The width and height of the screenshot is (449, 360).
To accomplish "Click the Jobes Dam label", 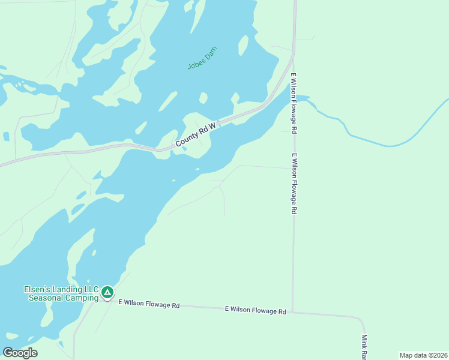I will (202, 58).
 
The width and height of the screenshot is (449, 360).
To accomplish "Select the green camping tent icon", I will (107, 293).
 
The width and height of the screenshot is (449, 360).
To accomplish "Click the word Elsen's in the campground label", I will (37, 289).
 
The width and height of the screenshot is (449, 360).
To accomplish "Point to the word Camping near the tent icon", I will (81, 298).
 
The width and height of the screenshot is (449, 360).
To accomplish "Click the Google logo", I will (20, 353).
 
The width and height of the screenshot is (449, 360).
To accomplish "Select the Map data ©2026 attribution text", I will (423, 355).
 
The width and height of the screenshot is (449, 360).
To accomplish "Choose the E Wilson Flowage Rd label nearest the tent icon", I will (149, 305).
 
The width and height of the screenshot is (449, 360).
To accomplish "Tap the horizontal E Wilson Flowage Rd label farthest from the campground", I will (255, 310).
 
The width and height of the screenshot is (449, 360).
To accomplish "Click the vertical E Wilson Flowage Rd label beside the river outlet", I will (295, 103).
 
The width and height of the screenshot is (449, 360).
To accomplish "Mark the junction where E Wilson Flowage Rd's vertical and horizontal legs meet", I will (292, 312).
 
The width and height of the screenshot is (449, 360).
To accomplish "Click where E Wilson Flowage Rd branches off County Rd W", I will (293, 54).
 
